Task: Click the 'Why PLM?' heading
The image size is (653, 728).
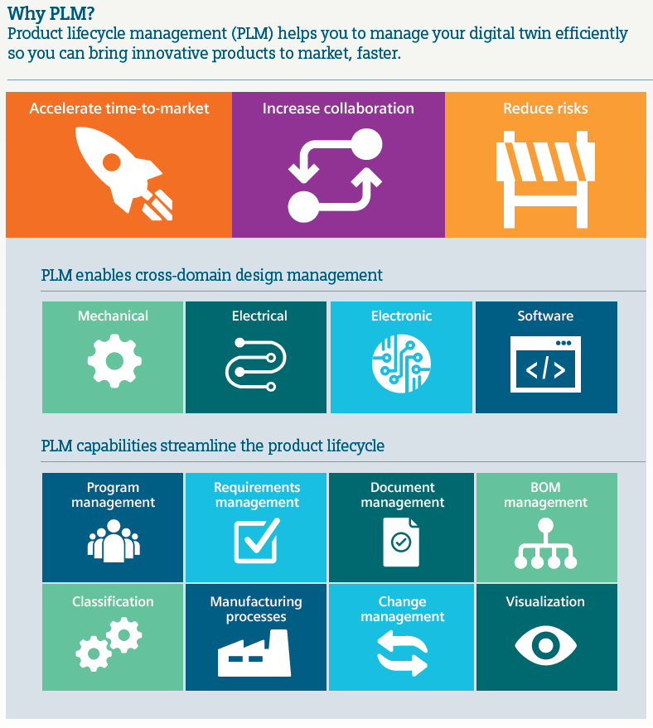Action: pyautogui.click(x=51, y=12)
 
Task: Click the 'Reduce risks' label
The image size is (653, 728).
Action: pyautogui.click(x=545, y=108)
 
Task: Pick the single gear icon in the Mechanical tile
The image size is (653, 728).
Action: pyautogui.click(x=114, y=360)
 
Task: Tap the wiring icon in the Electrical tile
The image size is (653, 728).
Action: pyautogui.click(x=256, y=363)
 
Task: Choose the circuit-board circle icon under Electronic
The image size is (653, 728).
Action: pyautogui.click(x=401, y=363)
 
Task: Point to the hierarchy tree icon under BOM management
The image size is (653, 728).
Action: pyautogui.click(x=545, y=544)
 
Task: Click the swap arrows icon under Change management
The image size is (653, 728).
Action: pyautogui.click(x=402, y=652)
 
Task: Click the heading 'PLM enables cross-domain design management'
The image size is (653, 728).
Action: pyautogui.click(x=212, y=275)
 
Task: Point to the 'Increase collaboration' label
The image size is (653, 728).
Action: pyautogui.click(x=338, y=108)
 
